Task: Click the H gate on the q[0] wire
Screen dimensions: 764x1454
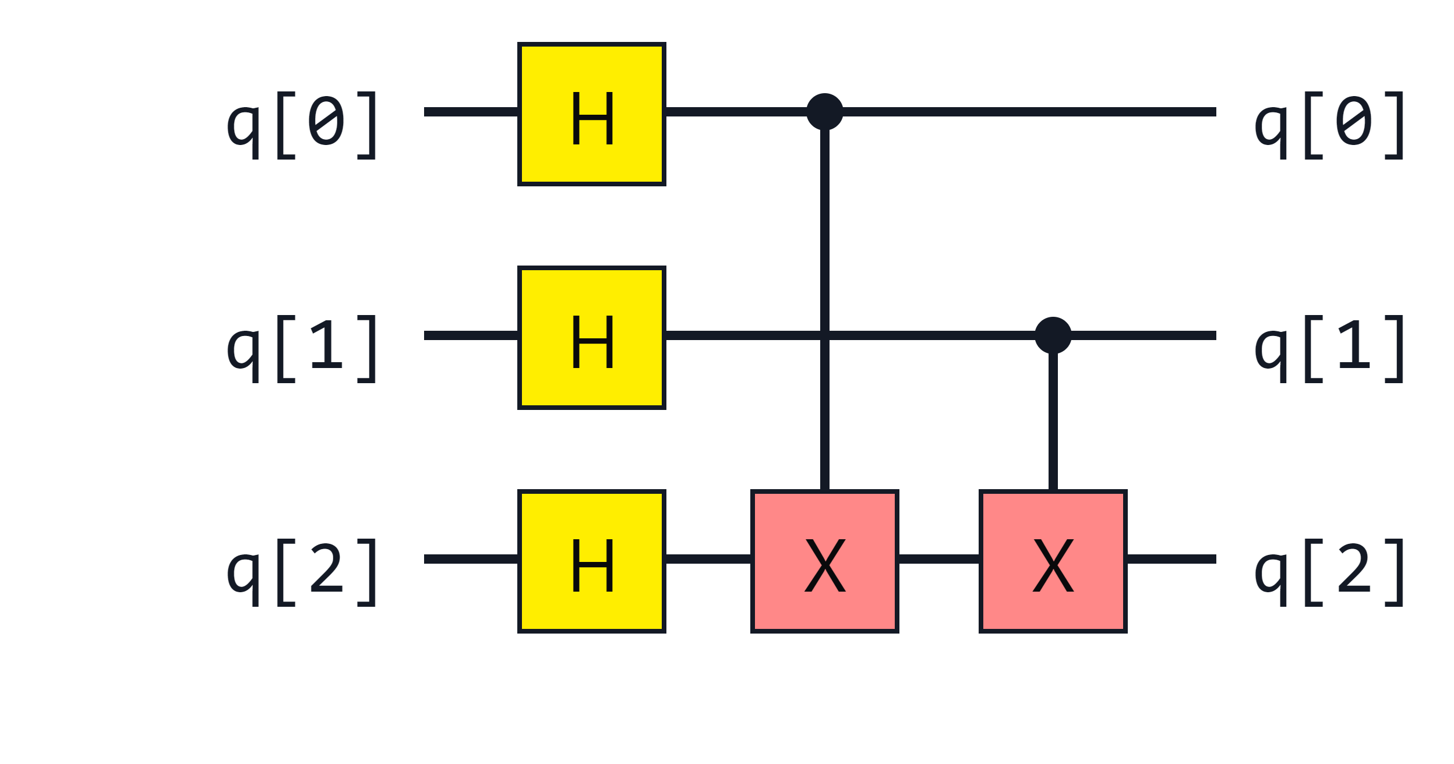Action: pyautogui.click(x=591, y=114)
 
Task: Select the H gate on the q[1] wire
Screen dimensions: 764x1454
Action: pyautogui.click(x=591, y=338)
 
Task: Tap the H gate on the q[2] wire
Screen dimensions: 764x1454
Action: pyautogui.click(x=591, y=561)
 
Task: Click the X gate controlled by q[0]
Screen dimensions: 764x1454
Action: pyautogui.click(x=824, y=561)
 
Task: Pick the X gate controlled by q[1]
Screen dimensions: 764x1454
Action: pyautogui.click(x=1053, y=561)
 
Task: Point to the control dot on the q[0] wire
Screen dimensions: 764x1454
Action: pyautogui.click(x=824, y=112)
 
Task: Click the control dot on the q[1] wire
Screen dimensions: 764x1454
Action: pyautogui.click(x=1053, y=335)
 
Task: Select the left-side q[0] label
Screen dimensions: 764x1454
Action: pyautogui.click(x=302, y=123)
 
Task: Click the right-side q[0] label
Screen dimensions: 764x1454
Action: pyautogui.click(x=1330, y=123)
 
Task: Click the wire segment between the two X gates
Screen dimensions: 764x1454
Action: pyautogui.click(x=938, y=559)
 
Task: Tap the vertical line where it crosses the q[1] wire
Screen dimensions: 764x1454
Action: pyautogui.click(x=824, y=335)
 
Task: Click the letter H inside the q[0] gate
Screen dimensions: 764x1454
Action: pyautogui.click(x=592, y=119)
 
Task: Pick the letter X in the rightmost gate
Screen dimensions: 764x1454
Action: pyautogui.click(x=1053, y=566)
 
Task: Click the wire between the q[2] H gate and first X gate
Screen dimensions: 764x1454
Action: pyautogui.click(x=708, y=559)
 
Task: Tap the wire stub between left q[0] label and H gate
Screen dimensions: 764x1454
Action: pyautogui.click(x=471, y=112)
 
